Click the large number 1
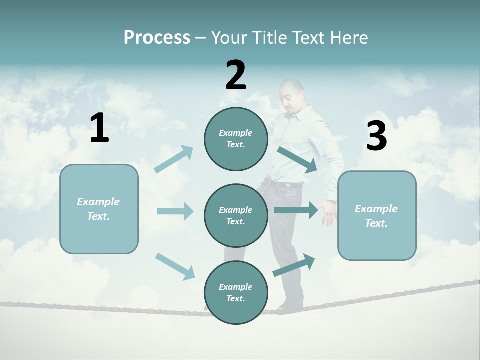tap(99, 128)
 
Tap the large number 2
tap(236, 75)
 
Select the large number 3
tap(376, 136)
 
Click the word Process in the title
tap(157, 37)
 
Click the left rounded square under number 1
tap(99, 209)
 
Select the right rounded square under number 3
tap(377, 215)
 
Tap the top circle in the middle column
tap(236, 139)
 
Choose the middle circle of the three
tap(236, 215)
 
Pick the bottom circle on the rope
tap(236, 292)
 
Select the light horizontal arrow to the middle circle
tap(175, 211)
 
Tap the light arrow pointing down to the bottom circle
tap(175, 266)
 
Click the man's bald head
tap(291, 90)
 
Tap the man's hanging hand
tap(329, 214)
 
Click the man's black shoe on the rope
tap(291, 303)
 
